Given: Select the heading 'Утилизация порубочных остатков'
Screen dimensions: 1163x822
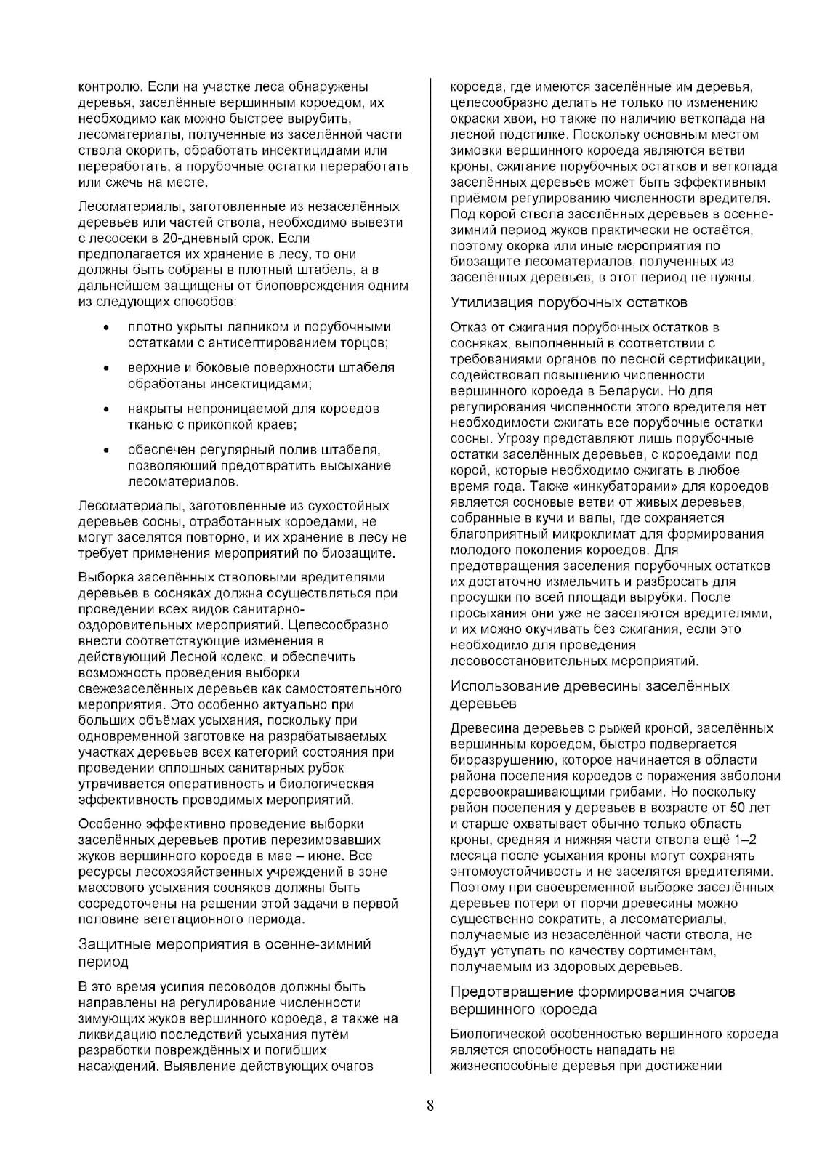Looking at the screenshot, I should (x=568, y=302).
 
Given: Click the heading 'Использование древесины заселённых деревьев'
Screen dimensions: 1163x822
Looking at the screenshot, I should (x=589, y=695).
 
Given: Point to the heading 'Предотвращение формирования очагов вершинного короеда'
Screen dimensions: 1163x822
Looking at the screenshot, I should (x=592, y=1000).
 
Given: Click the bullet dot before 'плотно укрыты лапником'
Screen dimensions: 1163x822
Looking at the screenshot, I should (x=108, y=328).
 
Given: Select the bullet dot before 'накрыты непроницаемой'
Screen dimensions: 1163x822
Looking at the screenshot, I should (x=108, y=409).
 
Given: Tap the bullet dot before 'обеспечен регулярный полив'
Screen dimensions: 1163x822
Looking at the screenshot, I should (x=108, y=450).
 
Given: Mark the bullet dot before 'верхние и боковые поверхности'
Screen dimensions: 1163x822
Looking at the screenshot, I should (x=108, y=369).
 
